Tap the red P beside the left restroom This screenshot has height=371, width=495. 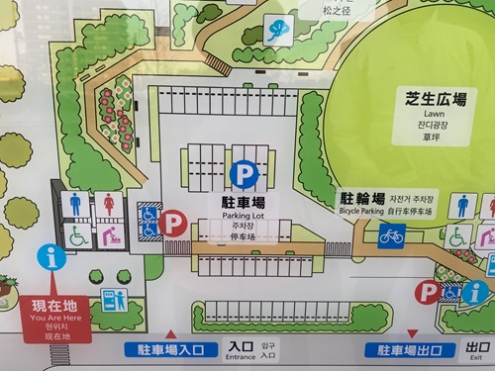coord(174,224)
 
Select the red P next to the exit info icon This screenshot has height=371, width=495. coord(428,291)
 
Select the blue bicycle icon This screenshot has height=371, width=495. coord(392,235)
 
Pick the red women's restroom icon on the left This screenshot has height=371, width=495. coord(108,204)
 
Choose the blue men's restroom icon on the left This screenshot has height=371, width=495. coord(76,204)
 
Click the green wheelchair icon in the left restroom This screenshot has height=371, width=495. coord(77,235)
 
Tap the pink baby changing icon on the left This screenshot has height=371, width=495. coord(109,235)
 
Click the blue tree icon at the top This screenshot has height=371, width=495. coord(278,31)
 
